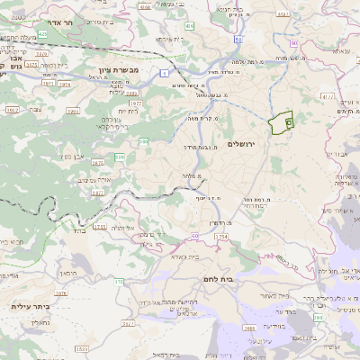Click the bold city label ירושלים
(x=243, y=145)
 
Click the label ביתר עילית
(x=29, y=306)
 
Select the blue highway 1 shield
(x=165, y=72)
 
